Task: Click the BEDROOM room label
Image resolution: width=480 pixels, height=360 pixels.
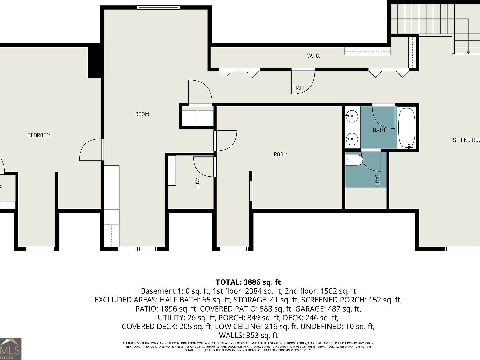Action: click(x=39, y=135)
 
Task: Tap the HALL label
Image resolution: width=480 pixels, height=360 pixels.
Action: click(x=299, y=88)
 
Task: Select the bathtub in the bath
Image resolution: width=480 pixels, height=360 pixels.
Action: click(x=407, y=128)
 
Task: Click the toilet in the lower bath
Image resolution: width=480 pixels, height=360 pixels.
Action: click(x=354, y=160)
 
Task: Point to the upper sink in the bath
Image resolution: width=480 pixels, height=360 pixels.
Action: click(x=352, y=117)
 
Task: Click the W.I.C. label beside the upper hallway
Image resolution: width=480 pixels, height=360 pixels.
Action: click(x=313, y=56)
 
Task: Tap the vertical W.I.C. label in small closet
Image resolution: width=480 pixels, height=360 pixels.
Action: click(x=197, y=183)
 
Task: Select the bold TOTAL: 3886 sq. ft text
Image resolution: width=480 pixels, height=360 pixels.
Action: click(x=248, y=282)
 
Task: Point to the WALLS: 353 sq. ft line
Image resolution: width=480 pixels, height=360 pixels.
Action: click(x=248, y=335)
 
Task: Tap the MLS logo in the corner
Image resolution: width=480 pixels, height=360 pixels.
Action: click(x=11, y=349)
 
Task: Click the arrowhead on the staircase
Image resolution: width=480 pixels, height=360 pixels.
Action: click(x=468, y=52)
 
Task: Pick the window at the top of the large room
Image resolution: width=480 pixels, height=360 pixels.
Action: click(x=159, y=7)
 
